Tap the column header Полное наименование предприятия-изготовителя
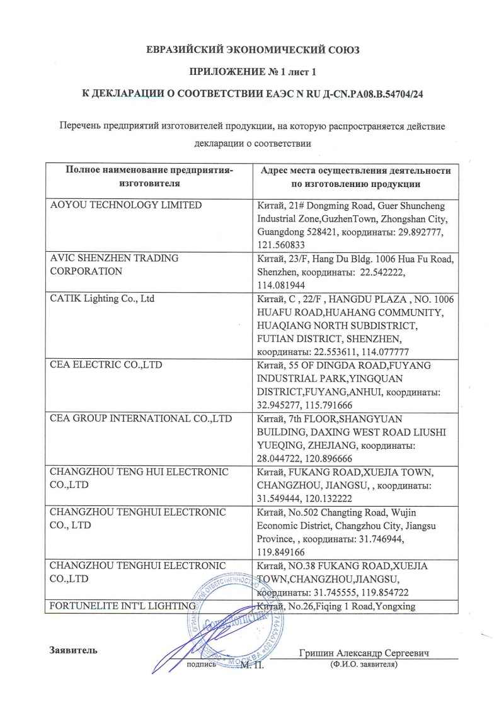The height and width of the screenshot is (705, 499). click(x=149, y=177)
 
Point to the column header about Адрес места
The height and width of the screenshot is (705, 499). click(x=355, y=177)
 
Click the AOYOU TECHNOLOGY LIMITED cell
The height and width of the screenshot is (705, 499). click(x=126, y=205)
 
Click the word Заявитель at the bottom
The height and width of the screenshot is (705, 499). click(x=73, y=650)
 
